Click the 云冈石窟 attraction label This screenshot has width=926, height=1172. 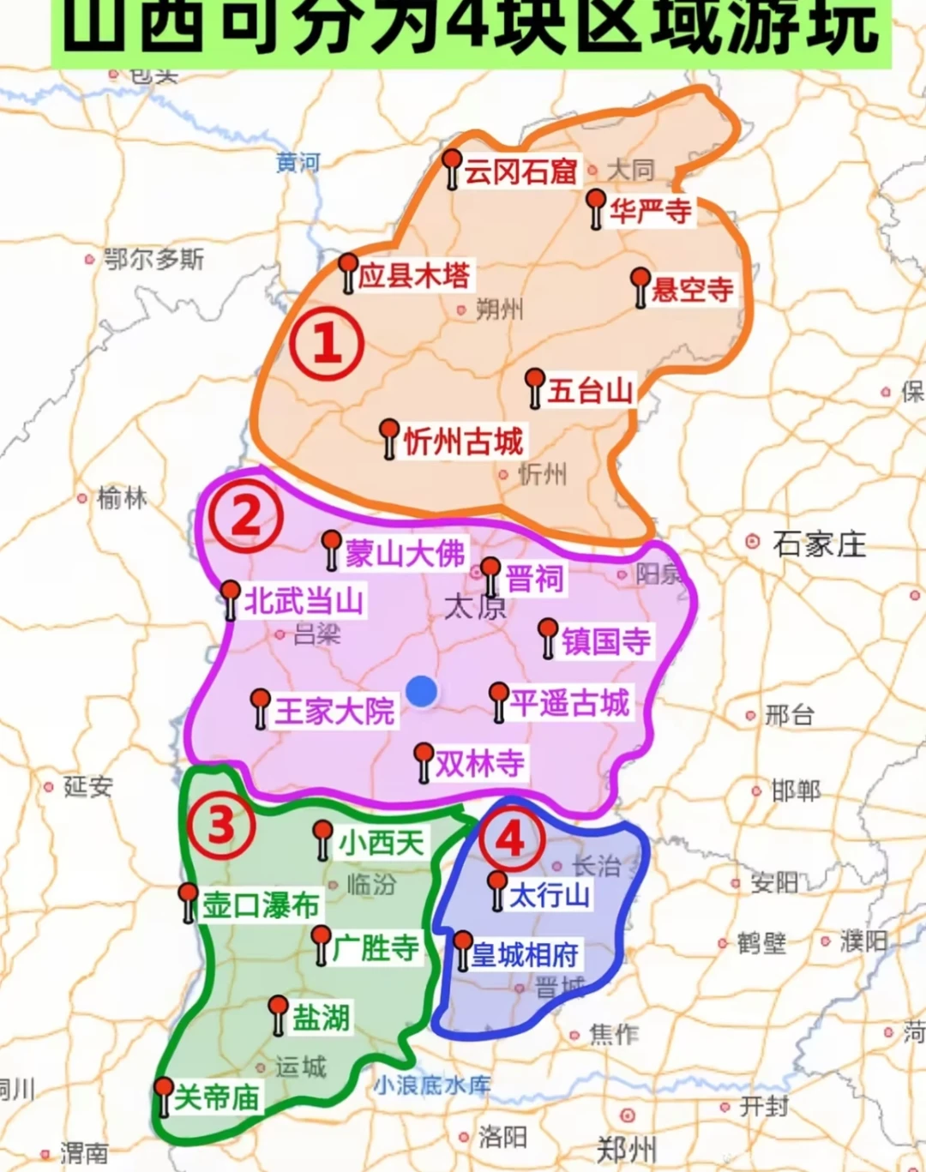[520, 171]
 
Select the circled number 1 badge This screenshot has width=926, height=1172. [327, 344]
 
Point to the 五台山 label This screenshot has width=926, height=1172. [590, 391]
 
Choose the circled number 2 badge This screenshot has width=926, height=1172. [246, 516]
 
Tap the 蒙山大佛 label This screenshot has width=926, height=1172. [405, 553]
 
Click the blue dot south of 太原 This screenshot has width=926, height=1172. [421, 690]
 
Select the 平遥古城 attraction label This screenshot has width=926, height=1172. [570, 703]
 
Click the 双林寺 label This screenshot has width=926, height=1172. [479, 762]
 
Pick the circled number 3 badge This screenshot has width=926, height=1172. [220, 824]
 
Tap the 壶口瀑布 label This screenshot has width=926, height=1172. [260, 905]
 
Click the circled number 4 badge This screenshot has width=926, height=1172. [512, 838]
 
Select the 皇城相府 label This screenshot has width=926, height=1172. [525, 954]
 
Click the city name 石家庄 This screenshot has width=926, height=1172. [819, 544]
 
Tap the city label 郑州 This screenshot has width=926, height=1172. [627, 1147]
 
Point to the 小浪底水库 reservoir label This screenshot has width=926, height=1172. [432, 1085]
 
